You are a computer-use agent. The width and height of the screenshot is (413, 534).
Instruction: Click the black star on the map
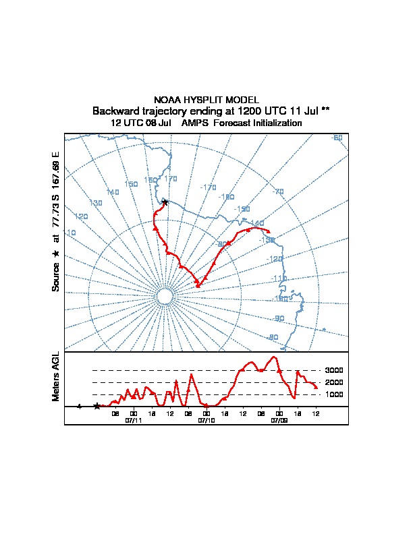165,202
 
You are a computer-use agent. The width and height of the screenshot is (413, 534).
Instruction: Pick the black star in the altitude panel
97,406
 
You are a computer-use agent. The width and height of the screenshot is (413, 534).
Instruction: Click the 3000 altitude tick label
334,370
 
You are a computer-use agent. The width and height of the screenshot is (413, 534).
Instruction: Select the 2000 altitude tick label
334,382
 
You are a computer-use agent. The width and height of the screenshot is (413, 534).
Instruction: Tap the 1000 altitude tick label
334,394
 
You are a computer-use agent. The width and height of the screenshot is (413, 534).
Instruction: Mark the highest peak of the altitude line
274,357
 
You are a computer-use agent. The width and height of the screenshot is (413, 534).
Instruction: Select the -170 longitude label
209,187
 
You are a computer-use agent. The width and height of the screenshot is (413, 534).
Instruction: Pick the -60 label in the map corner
337,138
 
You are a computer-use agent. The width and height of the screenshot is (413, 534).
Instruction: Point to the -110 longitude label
278,278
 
